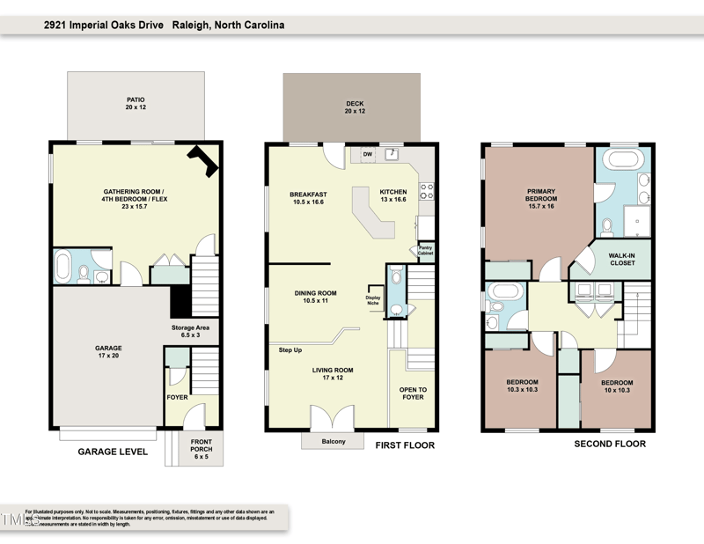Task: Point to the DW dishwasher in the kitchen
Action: [x=368, y=155]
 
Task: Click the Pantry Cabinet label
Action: [x=425, y=251]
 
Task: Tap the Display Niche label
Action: [x=372, y=300]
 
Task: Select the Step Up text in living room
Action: [x=290, y=350]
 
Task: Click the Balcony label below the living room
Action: [x=334, y=441]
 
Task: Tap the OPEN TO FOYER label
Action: [x=413, y=393]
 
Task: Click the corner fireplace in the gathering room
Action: [x=204, y=160]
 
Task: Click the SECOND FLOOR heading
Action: [x=610, y=444]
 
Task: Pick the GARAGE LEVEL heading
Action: [x=112, y=452]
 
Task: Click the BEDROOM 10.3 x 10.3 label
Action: [x=521, y=386]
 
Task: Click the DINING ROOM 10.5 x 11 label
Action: [x=314, y=297]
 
